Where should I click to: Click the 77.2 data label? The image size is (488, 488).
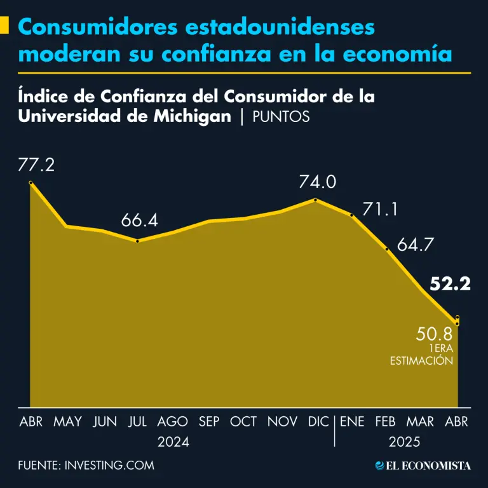click(36, 166)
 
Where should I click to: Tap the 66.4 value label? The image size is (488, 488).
click(139, 222)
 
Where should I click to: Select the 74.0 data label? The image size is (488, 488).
click(317, 182)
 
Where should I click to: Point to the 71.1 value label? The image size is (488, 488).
click(380, 209)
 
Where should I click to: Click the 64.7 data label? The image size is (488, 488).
click(415, 245)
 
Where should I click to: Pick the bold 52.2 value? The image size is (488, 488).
click(450, 285)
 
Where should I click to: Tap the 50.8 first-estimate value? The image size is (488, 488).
click(434, 334)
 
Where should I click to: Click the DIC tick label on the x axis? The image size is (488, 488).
click(318, 421)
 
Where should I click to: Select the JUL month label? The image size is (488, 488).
click(138, 421)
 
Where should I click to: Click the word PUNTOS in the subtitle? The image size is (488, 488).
click(281, 117)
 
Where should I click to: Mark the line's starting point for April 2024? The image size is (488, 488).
click(30, 184)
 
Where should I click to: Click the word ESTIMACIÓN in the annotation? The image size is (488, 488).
click(421, 360)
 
